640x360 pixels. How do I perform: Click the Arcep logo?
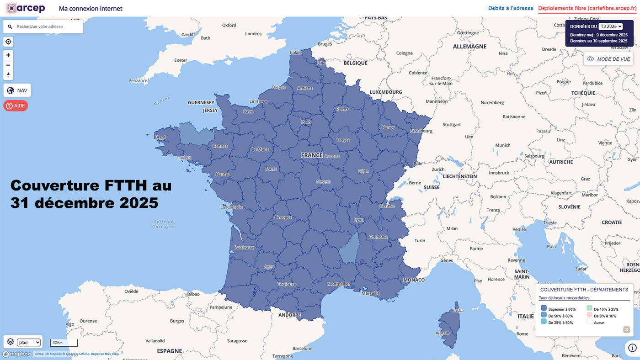tap(25, 8)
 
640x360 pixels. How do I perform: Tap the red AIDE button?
tap(16, 106)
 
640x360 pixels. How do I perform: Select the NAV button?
tap(17, 90)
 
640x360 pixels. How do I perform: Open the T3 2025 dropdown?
tap(611, 26)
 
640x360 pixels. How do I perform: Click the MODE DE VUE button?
tap(608, 59)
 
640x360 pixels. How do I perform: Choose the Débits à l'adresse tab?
tap(511, 8)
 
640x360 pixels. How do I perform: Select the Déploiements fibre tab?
tap(587, 8)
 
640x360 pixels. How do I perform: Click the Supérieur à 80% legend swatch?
tap(544, 309)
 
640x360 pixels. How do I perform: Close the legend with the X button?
tap(627, 329)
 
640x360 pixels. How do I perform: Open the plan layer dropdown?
tap(29, 342)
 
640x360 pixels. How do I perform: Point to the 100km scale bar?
tap(64, 343)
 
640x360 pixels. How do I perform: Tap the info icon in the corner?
tap(632, 348)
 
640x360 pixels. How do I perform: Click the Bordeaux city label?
tap(243, 248)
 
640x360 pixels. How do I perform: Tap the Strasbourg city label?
tap(421, 131)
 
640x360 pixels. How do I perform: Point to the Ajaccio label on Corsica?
tap(443, 333)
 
